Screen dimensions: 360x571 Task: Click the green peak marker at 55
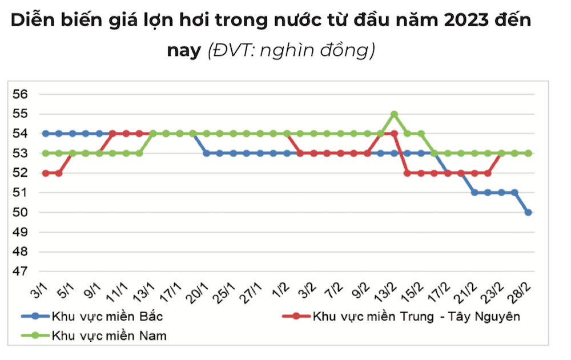point(394,114)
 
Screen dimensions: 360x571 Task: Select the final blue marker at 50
point(528,212)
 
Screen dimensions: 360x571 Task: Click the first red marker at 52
point(45,173)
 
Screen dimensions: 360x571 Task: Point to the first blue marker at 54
point(45,134)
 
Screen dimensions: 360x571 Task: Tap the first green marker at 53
point(45,153)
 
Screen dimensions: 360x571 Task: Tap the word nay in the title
point(184,51)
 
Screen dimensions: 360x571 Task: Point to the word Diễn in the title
point(33,22)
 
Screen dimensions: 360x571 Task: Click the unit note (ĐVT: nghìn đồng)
point(291,51)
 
